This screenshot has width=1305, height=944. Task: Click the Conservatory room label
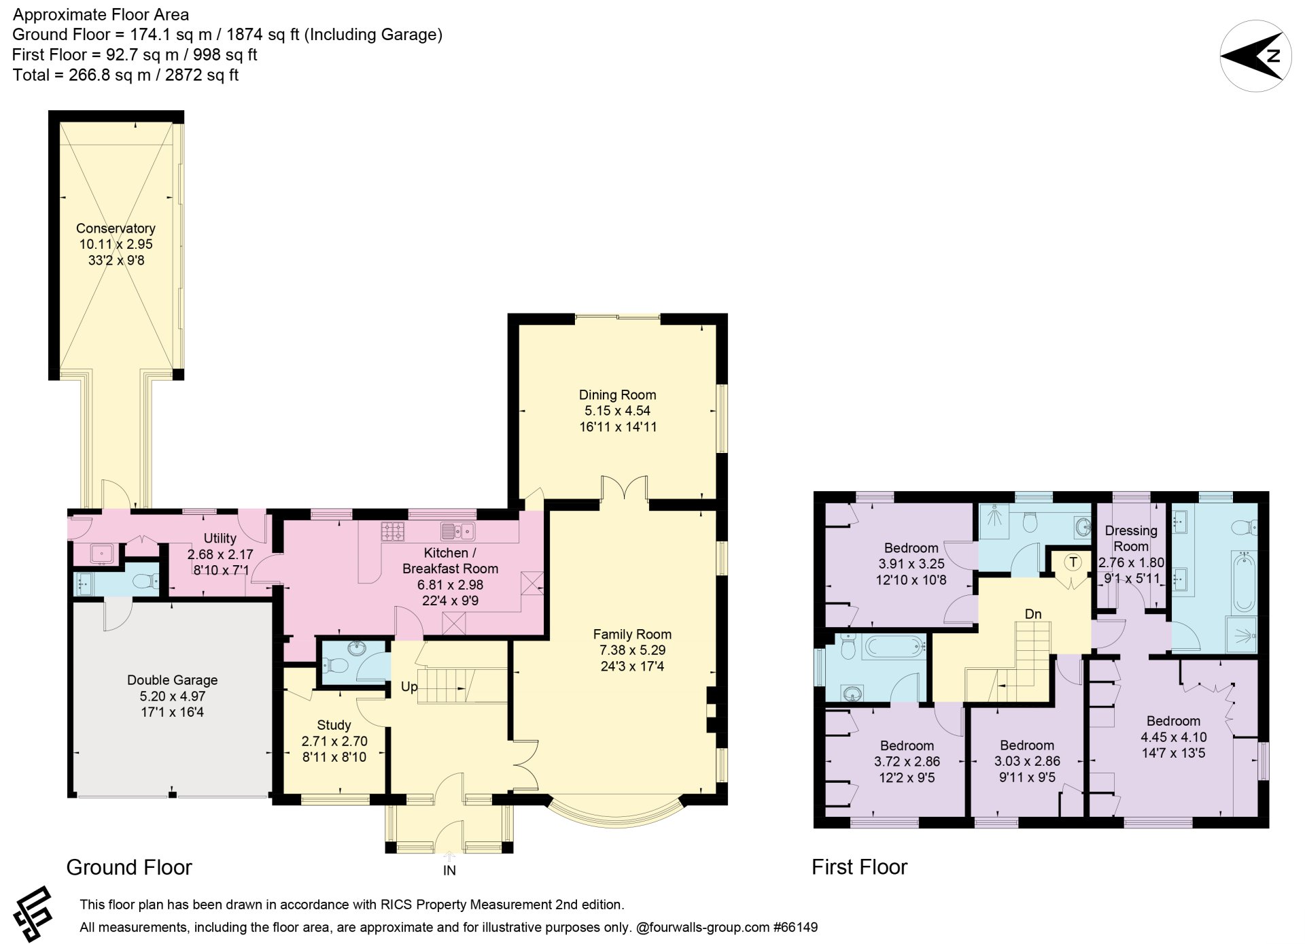click(x=116, y=229)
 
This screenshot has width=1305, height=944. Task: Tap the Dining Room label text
click(x=617, y=394)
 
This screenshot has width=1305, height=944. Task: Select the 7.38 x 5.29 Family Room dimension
click(x=632, y=650)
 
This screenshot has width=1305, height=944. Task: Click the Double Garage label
click(x=172, y=680)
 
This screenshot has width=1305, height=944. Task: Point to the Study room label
click(x=334, y=725)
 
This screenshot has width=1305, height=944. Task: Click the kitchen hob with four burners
click(x=393, y=530)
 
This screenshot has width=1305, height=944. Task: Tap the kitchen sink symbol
click(x=457, y=530)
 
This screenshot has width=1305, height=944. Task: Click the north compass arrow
click(x=1255, y=56)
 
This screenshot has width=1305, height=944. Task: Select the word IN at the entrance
click(x=449, y=871)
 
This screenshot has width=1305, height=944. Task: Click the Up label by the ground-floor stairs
click(x=409, y=687)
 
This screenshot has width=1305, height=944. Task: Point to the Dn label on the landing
click(x=1033, y=614)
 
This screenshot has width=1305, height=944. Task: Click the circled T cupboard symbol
click(x=1073, y=562)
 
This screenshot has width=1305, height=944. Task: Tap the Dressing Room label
click(x=1131, y=539)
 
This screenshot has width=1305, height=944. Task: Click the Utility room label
click(x=220, y=538)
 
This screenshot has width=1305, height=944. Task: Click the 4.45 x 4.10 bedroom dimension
click(x=1173, y=737)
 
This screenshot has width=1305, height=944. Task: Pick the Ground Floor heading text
click(x=129, y=867)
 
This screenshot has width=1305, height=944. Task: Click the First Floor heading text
click(x=859, y=867)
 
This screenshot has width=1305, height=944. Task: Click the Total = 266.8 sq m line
click(x=126, y=75)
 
